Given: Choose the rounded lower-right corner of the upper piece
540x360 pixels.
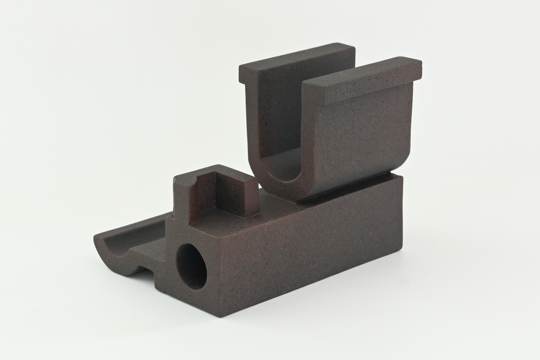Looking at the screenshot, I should pyautogui.click(x=404, y=164).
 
